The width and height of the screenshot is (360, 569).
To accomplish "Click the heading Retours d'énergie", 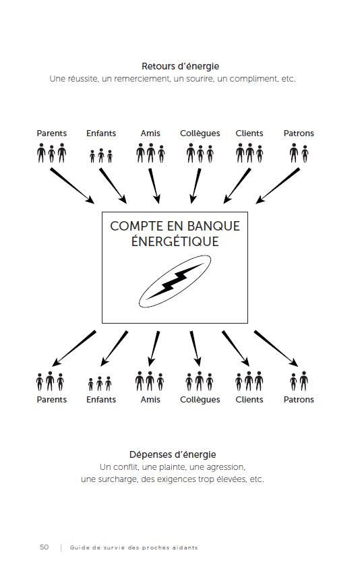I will [180, 66].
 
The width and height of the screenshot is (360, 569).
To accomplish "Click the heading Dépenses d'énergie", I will [173, 454].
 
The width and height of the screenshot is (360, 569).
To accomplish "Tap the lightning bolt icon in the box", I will [175, 283].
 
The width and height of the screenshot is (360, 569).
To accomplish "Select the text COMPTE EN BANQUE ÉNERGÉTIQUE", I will [175, 233].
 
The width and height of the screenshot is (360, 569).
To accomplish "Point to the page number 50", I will [44, 547].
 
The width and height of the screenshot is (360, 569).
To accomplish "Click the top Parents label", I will [52, 133].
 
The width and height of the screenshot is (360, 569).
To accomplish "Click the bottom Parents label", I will [52, 400].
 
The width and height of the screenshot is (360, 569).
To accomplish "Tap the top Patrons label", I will [299, 133].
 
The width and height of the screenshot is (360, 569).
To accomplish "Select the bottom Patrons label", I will [299, 400].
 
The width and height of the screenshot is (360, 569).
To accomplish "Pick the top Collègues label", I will [200, 133].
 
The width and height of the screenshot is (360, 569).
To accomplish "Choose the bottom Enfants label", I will [101, 400].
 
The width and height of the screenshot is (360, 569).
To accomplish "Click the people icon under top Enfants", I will [101, 156].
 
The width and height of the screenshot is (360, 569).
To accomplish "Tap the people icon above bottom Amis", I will [150, 382].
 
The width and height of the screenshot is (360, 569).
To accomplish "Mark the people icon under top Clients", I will [249, 153].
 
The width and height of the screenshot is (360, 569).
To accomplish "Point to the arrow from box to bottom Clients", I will [237, 347].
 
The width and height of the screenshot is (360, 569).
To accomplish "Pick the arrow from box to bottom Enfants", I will [115, 348].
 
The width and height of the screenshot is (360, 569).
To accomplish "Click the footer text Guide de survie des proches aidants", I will [133, 547].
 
